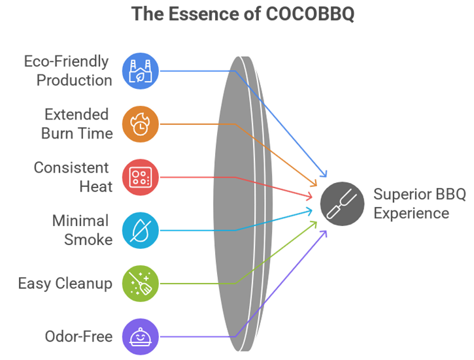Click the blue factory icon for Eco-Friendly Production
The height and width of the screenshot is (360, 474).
tap(141, 71)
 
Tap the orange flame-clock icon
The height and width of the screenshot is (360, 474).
tap(141, 123)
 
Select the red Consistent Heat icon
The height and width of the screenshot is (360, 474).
tap(141, 177)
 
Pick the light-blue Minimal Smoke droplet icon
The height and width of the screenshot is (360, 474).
tap(141, 230)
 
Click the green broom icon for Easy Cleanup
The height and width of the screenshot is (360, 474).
tap(141, 284)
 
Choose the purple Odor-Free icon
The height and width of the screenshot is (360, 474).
tap(141, 336)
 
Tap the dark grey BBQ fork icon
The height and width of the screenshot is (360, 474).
tap(343, 203)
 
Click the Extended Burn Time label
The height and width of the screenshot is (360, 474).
tap(76, 123)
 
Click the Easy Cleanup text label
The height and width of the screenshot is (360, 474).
tap(65, 284)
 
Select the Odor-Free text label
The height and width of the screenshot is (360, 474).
tap(78, 336)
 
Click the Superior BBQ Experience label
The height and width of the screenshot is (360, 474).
tap(411, 204)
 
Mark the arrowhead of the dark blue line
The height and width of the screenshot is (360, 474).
tap(324, 176)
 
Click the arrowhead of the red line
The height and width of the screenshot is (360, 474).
tap(313, 195)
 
